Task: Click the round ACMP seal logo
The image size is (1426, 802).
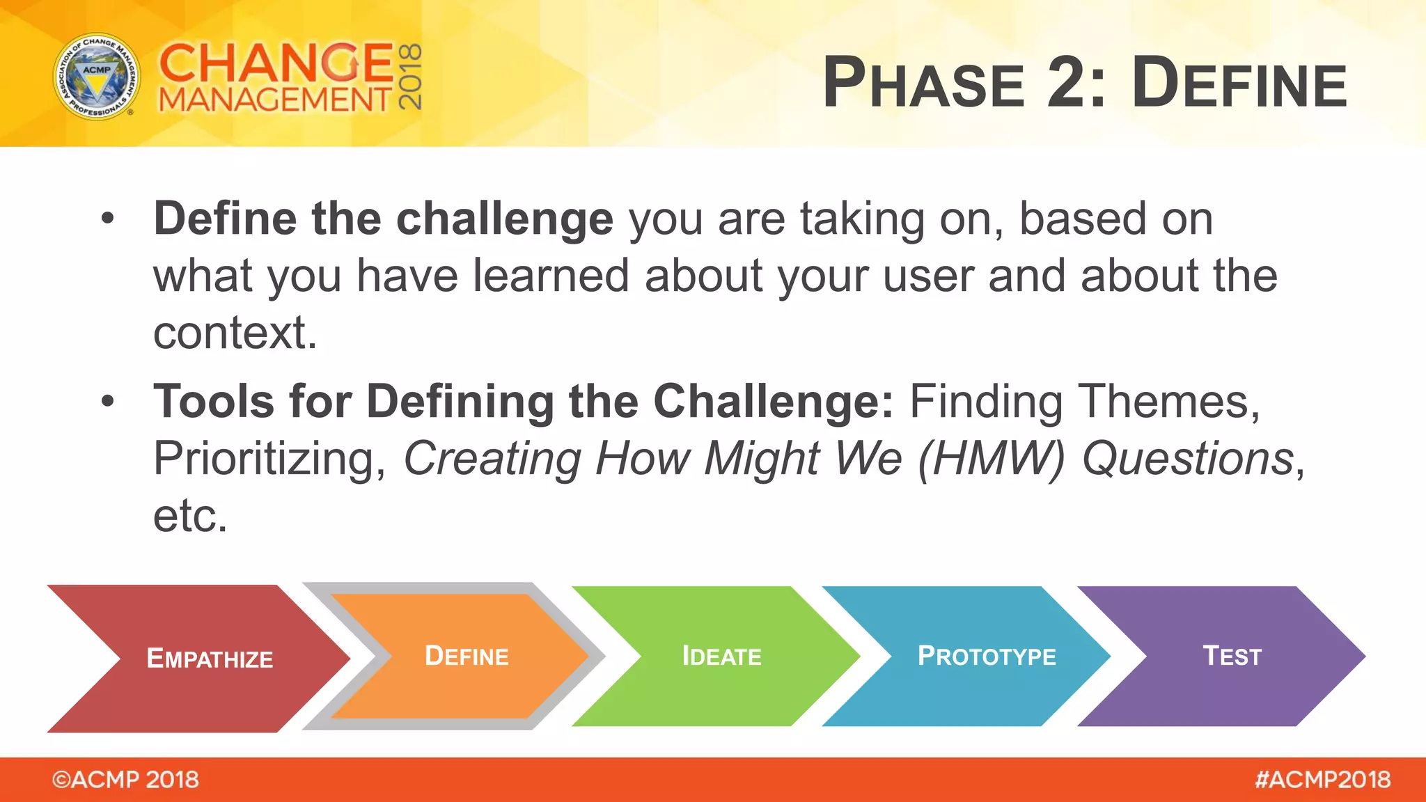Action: click(x=97, y=76)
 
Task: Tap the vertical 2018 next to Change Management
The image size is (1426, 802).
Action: click(x=411, y=77)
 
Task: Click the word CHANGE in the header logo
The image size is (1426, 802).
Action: click(x=276, y=63)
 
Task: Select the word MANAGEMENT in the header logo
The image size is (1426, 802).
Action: click(x=276, y=100)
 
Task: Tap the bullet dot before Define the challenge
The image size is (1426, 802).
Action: click(x=107, y=219)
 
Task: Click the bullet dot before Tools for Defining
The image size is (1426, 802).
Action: click(x=107, y=402)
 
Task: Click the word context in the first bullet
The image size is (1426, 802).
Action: click(x=235, y=333)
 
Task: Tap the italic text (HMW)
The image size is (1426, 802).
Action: click(x=992, y=459)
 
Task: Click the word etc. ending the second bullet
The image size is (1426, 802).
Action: click(x=190, y=516)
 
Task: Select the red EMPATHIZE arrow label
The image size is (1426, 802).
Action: click(x=210, y=658)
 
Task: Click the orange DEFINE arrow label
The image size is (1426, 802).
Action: click(x=467, y=656)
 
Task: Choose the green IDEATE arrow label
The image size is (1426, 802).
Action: click(x=721, y=656)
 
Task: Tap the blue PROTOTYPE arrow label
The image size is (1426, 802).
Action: click(x=987, y=656)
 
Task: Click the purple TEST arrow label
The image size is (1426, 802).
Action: click(x=1232, y=656)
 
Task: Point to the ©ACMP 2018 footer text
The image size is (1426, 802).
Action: click(x=125, y=780)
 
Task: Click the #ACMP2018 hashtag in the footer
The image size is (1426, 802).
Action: click(x=1322, y=780)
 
